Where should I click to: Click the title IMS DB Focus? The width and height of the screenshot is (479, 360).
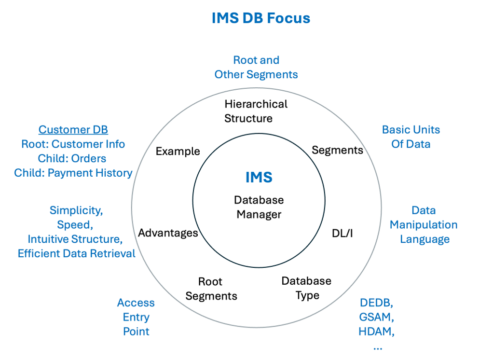[260, 18]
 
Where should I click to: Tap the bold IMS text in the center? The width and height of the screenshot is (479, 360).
[259, 178]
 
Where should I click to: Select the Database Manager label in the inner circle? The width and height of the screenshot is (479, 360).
[259, 207]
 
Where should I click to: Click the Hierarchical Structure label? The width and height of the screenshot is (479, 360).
[256, 111]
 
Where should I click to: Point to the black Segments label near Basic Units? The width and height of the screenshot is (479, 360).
[337, 150]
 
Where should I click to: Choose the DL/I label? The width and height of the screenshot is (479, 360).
[342, 234]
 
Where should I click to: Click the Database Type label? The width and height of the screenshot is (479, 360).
[306, 288]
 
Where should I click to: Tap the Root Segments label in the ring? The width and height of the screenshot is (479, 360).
[211, 289]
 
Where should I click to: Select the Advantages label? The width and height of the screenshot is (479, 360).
[168, 233]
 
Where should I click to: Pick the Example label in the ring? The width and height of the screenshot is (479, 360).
[178, 151]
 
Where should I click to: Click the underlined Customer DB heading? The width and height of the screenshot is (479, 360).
[73, 130]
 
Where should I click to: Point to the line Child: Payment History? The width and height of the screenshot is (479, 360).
[73, 173]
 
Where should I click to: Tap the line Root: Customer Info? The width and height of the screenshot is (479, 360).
[73, 144]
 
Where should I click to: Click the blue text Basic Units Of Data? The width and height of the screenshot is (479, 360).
[411, 137]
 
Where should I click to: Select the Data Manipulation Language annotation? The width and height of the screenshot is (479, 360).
[424, 225]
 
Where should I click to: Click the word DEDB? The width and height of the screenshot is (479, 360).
[377, 303]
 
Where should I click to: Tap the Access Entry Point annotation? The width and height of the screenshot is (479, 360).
[136, 317]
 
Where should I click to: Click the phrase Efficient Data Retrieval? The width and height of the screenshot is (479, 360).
[77, 253]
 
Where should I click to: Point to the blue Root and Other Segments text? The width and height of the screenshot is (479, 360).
[256, 67]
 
